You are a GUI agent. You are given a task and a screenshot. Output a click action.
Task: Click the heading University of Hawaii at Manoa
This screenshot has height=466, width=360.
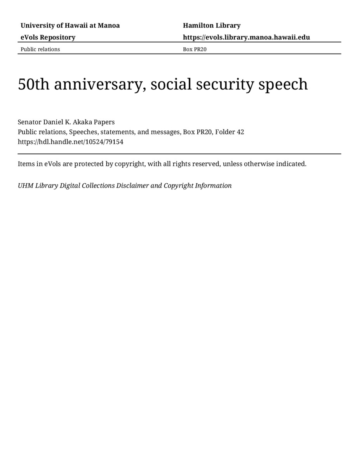(x=70, y=26)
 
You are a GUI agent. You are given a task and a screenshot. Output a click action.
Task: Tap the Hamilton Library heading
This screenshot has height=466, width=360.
(x=212, y=26)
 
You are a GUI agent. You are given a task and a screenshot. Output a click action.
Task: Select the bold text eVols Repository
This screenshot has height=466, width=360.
(x=48, y=37)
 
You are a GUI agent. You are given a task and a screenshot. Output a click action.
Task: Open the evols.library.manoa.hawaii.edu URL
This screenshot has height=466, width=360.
(x=246, y=37)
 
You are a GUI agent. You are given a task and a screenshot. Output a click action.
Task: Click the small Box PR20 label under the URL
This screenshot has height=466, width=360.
(x=195, y=49)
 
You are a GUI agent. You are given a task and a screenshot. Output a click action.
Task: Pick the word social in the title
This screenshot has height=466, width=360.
(x=171, y=84)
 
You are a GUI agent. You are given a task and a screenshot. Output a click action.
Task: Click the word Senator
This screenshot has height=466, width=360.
(x=30, y=122)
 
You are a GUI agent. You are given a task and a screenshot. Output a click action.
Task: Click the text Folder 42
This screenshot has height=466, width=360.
(x=230, y=132)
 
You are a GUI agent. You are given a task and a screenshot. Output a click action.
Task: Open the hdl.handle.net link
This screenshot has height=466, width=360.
(x=71, y=142)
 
